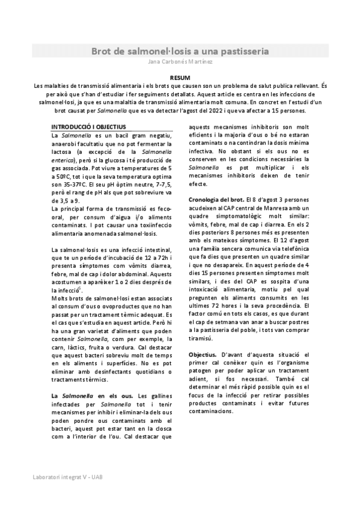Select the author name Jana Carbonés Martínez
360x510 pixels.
pyautogui.click(x=180, y=62)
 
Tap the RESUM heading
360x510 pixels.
pyautogui.click(x=180, y=78)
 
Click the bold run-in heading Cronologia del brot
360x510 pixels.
pyautogui.click(x=216, y=198)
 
